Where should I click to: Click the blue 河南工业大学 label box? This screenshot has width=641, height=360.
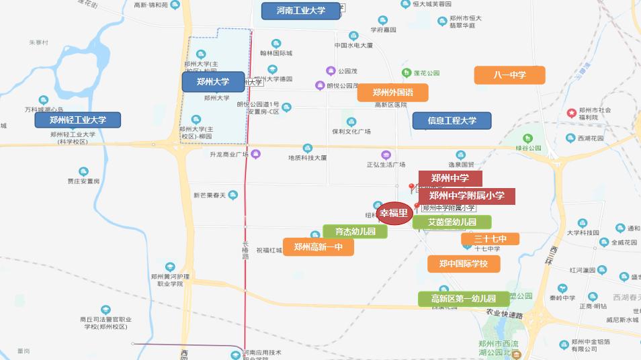coord(300,11)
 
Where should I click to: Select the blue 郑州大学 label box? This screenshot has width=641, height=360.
coord(213,82)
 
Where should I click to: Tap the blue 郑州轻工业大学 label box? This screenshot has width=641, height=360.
coord(78,120)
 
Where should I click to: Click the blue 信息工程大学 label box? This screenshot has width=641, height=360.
coord(452,121)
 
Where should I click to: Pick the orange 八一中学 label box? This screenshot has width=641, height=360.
coord(509,75)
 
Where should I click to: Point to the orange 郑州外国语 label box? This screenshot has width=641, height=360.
coord(392,93)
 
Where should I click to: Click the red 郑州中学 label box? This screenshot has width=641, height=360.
coord(450,179)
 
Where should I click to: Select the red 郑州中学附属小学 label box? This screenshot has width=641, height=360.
coord(467,195)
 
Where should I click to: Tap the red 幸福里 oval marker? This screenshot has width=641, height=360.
coord(394,214)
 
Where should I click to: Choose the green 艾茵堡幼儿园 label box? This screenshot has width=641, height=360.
coord(452,222)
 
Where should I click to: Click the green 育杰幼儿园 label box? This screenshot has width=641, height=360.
coord(355,232)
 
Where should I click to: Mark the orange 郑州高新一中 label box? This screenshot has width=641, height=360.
coord(318,247)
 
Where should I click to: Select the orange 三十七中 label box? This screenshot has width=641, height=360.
coord(490,239)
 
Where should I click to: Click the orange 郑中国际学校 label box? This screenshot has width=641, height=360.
coord(464,264)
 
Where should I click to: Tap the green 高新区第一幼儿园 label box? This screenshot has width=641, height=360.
coord(463,299)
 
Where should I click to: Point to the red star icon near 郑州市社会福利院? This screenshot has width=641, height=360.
coord(572,112)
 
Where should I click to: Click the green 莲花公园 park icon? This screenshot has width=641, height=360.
coord(406,73)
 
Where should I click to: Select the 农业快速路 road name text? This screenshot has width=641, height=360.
coord(504,314)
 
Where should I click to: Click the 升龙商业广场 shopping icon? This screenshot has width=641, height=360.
coord(255,154)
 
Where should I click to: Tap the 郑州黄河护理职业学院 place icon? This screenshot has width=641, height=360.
coord(170,267)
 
